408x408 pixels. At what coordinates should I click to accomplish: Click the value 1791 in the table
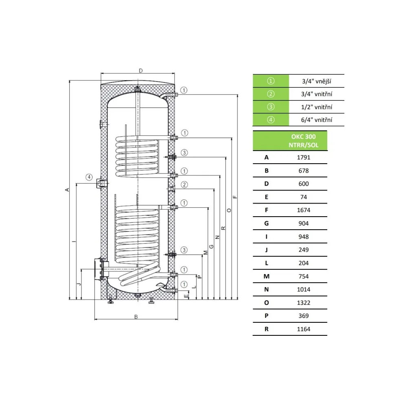coord(304,157)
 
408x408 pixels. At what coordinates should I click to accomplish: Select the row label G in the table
coord(266,224)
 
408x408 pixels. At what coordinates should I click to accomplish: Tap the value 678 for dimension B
coord(304,171)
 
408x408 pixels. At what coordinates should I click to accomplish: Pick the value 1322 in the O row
coord(304,303)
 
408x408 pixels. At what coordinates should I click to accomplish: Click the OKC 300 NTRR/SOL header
coord(304,141)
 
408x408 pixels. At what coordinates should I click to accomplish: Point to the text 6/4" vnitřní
coord(317,120)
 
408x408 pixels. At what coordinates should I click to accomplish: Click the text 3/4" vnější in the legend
coord(317,81)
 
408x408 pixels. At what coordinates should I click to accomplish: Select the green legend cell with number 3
coord(271,107)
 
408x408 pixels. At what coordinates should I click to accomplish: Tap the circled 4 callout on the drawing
coord(89,177)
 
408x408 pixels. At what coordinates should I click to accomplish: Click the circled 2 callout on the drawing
coord(184,185)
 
